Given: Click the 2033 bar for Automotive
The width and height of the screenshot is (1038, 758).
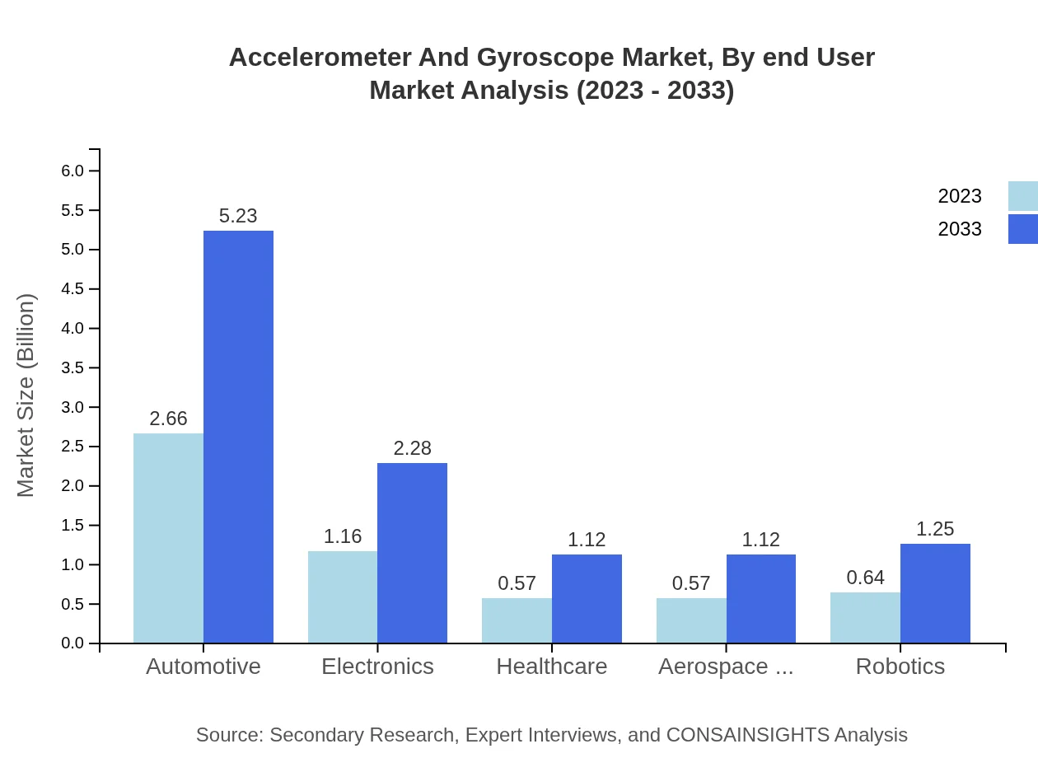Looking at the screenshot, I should click(x=238, y=437).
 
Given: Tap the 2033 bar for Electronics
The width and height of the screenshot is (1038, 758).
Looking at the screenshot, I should click(x=412, y=553).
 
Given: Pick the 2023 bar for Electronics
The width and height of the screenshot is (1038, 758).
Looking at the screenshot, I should click(x=343, y=597).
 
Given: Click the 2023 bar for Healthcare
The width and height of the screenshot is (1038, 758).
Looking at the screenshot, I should click(x=517, y=620).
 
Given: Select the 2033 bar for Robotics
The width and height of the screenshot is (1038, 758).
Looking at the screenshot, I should click(x=935, y=593).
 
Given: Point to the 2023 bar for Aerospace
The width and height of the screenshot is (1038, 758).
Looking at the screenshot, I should click(x=691, y=620).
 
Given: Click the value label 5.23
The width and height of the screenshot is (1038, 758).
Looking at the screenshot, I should click(x=238, y=216).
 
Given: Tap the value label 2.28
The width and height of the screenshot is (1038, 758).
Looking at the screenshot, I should click(x=412, y=448).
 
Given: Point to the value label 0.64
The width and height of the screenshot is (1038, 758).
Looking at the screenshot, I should click(x=865, y=578).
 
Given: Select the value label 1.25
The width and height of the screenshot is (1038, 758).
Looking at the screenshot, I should click(x=935, y=529).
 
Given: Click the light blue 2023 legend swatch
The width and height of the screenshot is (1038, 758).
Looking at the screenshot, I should click(x=1022, y=196).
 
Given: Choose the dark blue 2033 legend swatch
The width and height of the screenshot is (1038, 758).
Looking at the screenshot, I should click(x=1022, y=229).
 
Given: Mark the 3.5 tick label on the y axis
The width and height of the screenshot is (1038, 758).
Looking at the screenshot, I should click(x=72, y=367).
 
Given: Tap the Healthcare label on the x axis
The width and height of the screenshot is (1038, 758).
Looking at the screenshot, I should click(x=552, y=667).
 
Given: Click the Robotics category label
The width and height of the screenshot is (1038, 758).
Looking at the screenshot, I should click(x=900, y=667).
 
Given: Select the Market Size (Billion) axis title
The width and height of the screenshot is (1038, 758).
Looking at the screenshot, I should click(x=26, y=395).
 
